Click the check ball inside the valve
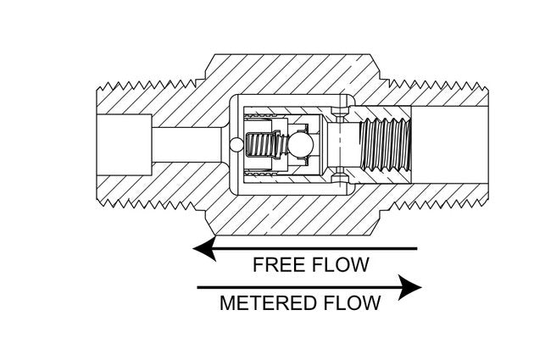coord(298,146)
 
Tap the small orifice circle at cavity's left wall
coord(232,146)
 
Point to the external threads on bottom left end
coord(144,204)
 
